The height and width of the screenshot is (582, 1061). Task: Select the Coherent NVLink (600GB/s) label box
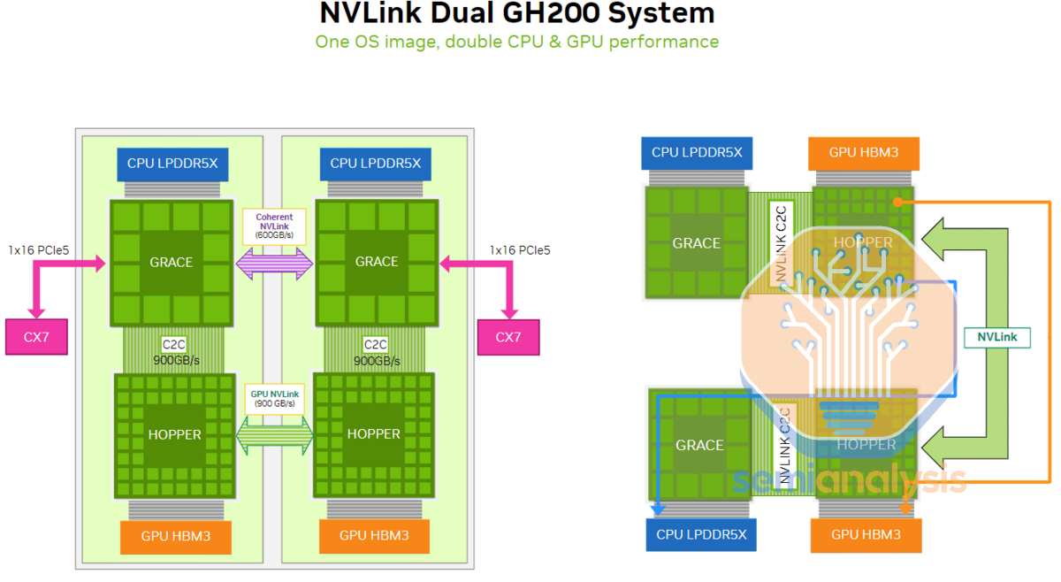click(274, 227)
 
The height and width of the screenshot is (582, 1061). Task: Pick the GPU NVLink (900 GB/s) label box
click(274, 399)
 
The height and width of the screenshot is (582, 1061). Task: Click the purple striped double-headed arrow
click(274, 264)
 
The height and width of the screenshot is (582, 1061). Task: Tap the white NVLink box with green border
click(997, 337)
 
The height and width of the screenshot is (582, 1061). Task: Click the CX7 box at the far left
click(36, 337)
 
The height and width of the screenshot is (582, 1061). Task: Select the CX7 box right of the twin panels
click(508, 337)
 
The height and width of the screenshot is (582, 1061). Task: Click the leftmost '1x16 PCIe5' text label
click(38, 250)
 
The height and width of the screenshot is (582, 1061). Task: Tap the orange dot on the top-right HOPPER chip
click(897, 203)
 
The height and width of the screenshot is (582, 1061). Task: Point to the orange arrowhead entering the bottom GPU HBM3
click(905, 509)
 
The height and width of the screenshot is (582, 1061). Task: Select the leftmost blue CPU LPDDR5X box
click(167, 163)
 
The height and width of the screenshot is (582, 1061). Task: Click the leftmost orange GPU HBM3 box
click(175, 535)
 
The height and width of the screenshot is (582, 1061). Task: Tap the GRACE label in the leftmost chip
click(171, 262)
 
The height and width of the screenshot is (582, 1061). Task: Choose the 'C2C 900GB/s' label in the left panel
click(173, 352)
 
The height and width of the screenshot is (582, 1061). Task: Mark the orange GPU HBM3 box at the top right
click(864, 152)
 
